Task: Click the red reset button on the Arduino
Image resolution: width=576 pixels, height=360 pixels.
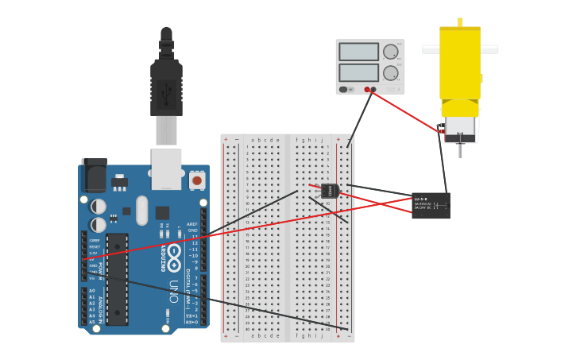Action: click(197, 181)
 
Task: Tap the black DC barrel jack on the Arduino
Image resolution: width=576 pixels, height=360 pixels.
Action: click(94, 175)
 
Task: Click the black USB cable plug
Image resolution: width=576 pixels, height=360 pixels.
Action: click(166, 88)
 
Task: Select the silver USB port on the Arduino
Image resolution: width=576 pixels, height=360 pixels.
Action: click(166, 168)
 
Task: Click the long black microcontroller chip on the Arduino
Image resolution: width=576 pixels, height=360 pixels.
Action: click(117, 279)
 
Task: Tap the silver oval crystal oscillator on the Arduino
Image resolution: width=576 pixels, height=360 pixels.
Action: click(141, 211)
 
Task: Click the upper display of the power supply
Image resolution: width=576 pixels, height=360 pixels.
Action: click(359, 52)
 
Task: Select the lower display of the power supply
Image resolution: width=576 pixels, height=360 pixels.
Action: click(359, 72)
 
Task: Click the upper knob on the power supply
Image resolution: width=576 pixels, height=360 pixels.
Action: click(390, 52)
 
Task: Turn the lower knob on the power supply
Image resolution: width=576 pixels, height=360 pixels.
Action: click(390, 72)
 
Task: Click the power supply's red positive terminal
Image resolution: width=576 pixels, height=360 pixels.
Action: click(367, 90)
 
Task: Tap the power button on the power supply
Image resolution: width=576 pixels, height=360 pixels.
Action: click(343, 89)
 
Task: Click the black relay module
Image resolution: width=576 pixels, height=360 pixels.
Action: click(431, 205)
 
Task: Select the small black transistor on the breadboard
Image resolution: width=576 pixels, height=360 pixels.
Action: click(330, 191)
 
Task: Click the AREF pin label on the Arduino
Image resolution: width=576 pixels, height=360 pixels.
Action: click(192, 224)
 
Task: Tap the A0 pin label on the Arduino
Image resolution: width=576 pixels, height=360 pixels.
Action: click(92, 291)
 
